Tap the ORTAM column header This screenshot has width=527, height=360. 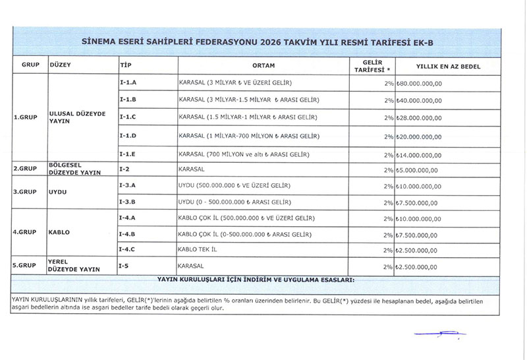coord(263,65)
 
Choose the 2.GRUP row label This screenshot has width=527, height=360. coord(24,169)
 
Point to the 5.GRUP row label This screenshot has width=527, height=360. coord(24,266)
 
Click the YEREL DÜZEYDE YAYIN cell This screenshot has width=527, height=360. coord(69,265)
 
